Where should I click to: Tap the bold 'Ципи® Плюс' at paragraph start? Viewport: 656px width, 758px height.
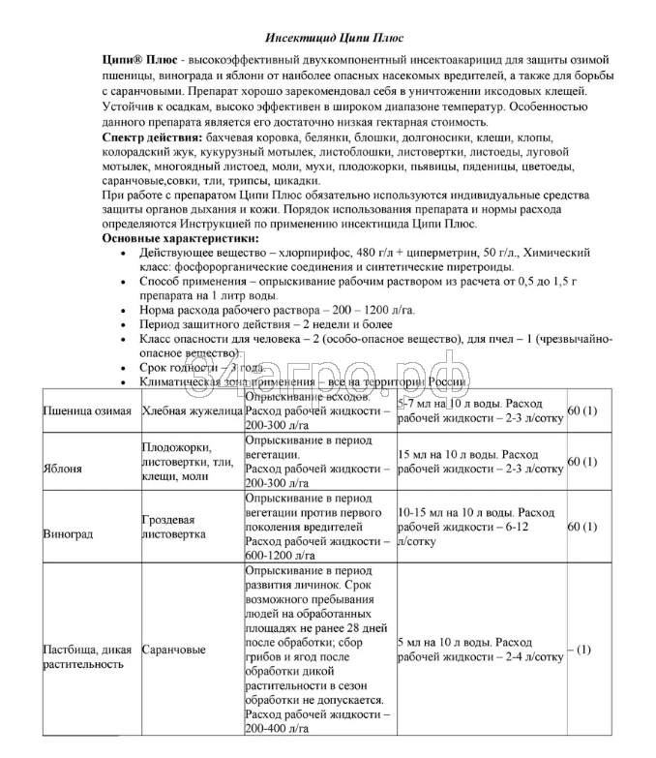[x=134, y=59]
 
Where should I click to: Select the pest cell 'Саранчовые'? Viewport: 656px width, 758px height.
[x=174, y=650]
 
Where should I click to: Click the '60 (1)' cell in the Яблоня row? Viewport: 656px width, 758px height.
[x=582, y=462]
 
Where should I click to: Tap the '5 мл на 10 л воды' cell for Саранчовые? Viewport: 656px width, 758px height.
[x=479, y=650]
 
